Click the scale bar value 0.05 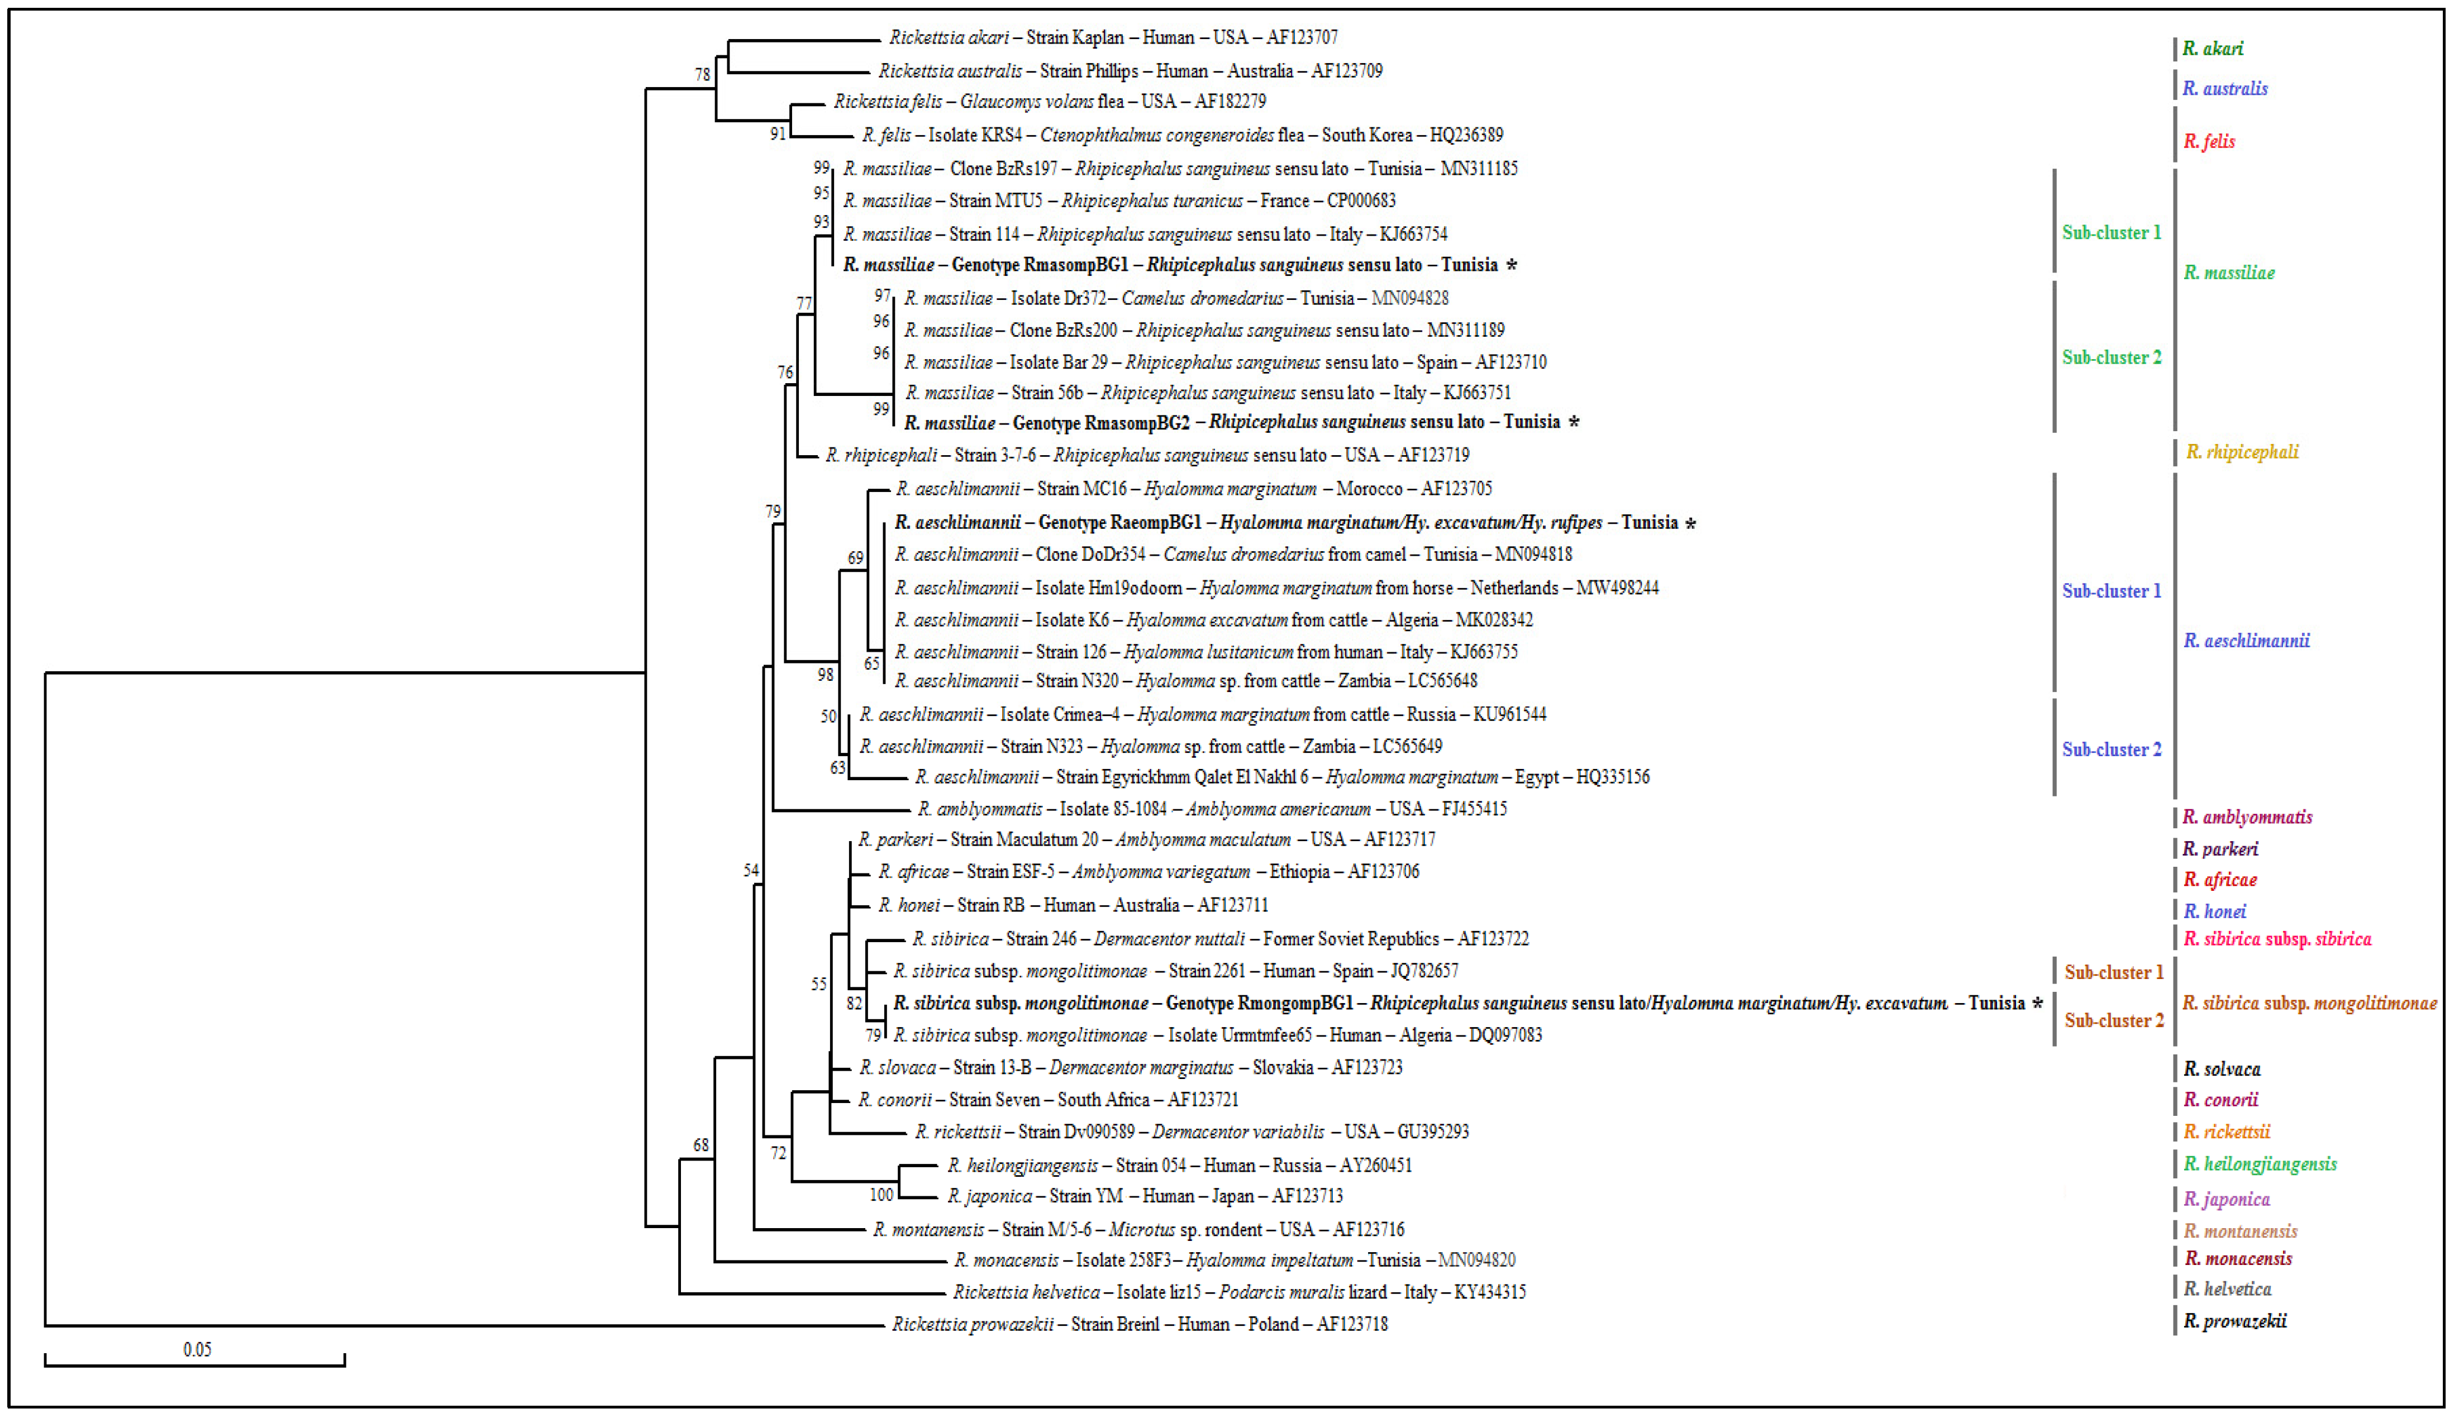click(x=197, y=1349)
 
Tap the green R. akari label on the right click(x=2213, y=49)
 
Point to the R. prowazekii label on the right click(x=2235, y=1321)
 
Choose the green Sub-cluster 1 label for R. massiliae click(x=2111, y=233)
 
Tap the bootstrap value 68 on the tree click(x=701, y=1145)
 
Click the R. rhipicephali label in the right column click(x=2242, y=452)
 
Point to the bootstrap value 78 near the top click(x=702, y=74)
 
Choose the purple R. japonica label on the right click(x=2226, y=1199)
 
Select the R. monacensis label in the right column click(x=2238, y=1258)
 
